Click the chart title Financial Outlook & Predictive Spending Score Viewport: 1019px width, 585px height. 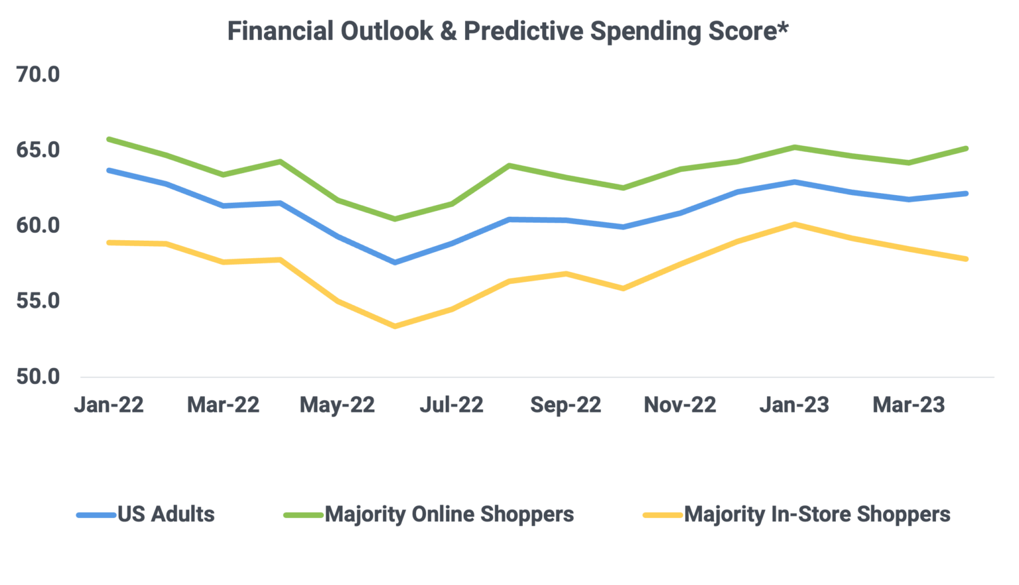pyautogui.click(x=508, y=31)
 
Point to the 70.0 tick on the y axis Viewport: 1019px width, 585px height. pyautogui.click(x=38, y=75)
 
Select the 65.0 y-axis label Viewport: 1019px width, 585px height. pyautogui.click(x=38, y=151)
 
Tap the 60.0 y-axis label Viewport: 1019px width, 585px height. pyautogui.click(x=38, y=226)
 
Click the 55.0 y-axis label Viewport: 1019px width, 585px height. pyautogui.click(x=38, y=301)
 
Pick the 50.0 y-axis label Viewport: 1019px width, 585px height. pyautogui.click(x=38, y=377)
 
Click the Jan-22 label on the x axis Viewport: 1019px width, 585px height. pyautogui.click(x=109, y=405)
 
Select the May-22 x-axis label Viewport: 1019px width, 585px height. pyautogui.click(x=337, y=405)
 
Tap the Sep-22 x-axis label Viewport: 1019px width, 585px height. pyautogui.click(x=565, y=405)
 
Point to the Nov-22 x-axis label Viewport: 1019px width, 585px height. pyautogui.click(x=680, y=405)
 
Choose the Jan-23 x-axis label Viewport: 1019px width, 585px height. pyautogui.click(x=794, y=405)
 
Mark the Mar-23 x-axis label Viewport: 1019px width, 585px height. pyautogui.click(x=908, y=405)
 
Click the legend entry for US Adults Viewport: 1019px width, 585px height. pyautogui.click(x=166, y=514)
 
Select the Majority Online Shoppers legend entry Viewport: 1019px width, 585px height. pyautogui.click(x=449, y=514)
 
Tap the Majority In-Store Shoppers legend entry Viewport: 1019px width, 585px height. pyautogui.click(x=817, y=514)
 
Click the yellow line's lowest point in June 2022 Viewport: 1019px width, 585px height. pyautogui.click(x=395, y=326)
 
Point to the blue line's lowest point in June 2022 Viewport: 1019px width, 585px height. pyautogui.click(x=395, y=263)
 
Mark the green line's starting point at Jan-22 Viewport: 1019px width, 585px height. pyautogui.click(x=109, y=139)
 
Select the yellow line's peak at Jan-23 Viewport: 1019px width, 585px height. pyautogui.click(x=794, y=224)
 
